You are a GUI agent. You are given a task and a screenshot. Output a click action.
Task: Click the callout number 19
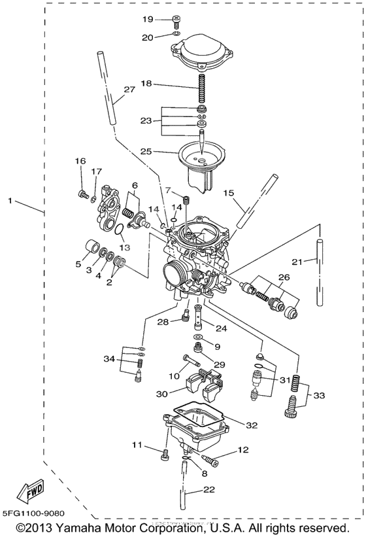pyautogui.click(x=148, y=19)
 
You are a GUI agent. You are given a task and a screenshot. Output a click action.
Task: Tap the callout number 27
pyautogui.click(x=129, y=90)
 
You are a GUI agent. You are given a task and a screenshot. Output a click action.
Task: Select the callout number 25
pyautogui.click(x=147, y=151)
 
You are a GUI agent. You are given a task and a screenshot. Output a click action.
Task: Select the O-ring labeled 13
pyautogui.click(x=118, y=230)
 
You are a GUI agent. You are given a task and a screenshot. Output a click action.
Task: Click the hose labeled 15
pyautogui.click(x=253, y=203)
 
